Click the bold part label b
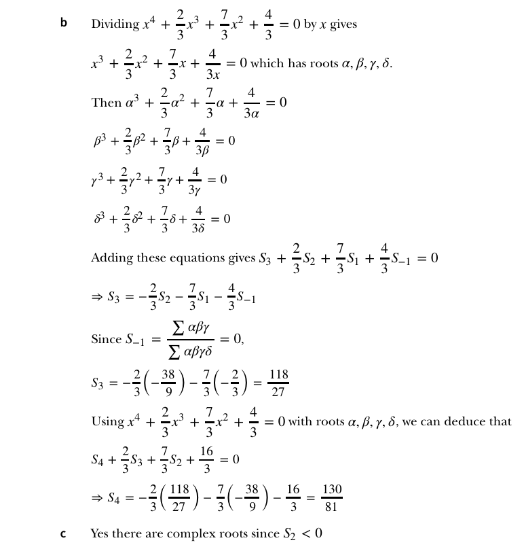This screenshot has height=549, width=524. click(64, 23)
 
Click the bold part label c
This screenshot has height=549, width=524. click(63, 533)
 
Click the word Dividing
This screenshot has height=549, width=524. click(114, 24)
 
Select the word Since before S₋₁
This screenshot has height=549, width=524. click(106, 338)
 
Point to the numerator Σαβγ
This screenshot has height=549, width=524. click(191, 328)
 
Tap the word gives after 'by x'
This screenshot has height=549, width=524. click(343, 24)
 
